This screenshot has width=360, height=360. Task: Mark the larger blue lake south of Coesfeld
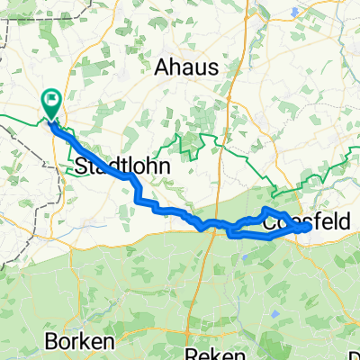coord(273,291)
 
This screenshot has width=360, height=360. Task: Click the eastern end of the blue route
coord(307,228)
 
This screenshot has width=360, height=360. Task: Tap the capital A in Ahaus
coord(162,66)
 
